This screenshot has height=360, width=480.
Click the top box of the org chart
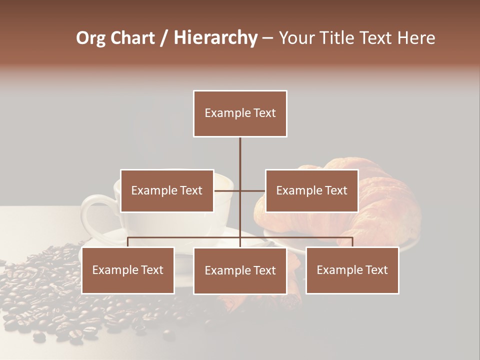coord(240,113)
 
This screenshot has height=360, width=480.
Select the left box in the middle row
coord(167,190)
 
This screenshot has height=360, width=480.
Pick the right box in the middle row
coord(311,190)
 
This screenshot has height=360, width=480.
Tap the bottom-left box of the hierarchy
coord(128,270)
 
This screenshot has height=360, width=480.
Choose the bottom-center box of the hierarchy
coord(240,270)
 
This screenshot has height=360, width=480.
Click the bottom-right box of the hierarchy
coord(352,270)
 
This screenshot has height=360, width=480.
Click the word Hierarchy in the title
coord(215,38)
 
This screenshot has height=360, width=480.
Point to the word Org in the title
coord(91,38)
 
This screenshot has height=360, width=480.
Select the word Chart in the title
coord(133,38)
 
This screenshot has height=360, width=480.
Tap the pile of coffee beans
coord(45,295)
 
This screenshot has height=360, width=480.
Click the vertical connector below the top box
coord(240,155)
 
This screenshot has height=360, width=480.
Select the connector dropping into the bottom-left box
coord(128,242)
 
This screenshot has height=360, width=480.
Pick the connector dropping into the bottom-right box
coord(352,242)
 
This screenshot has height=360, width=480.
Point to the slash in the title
coord(164,38)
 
